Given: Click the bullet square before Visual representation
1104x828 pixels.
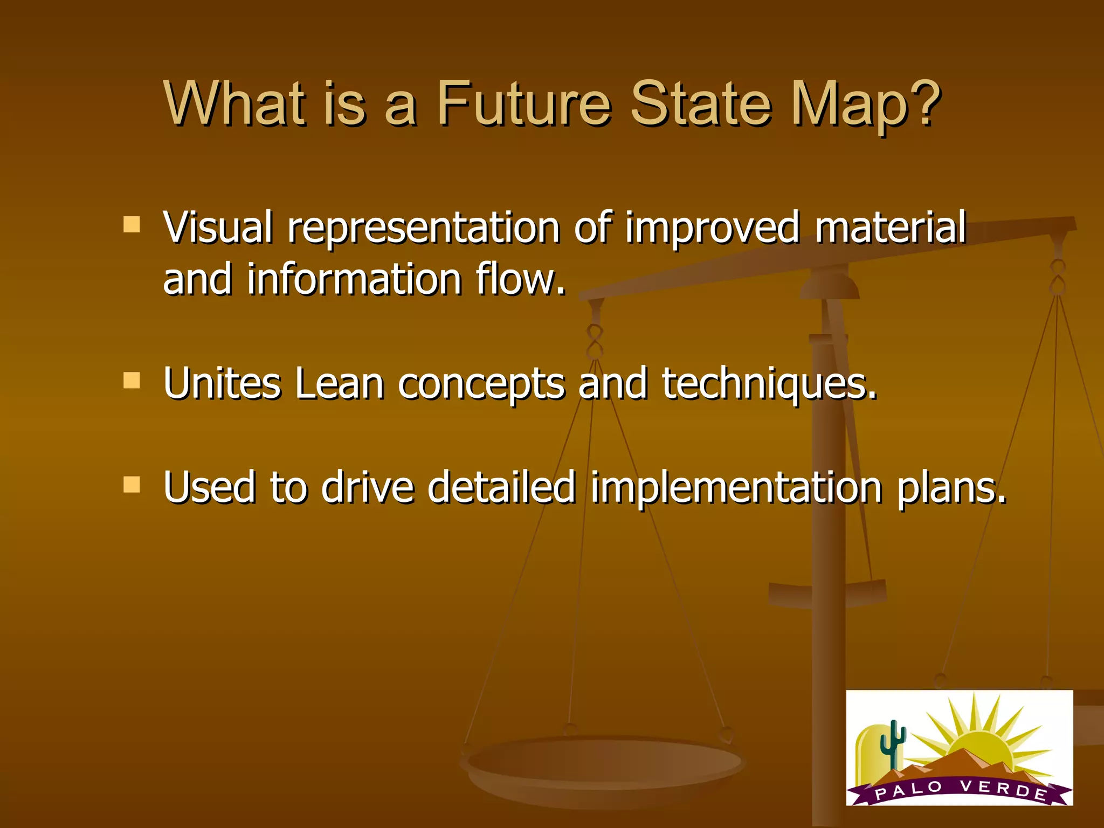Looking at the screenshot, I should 132,224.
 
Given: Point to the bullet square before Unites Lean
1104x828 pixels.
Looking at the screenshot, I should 132,381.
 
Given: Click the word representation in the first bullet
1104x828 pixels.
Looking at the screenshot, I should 424,229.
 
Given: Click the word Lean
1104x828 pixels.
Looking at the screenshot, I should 339,384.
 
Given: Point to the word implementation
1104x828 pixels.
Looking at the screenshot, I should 736,487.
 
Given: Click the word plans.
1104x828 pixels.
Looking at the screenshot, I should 952,488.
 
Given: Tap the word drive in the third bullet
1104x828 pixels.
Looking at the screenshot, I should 367,487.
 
